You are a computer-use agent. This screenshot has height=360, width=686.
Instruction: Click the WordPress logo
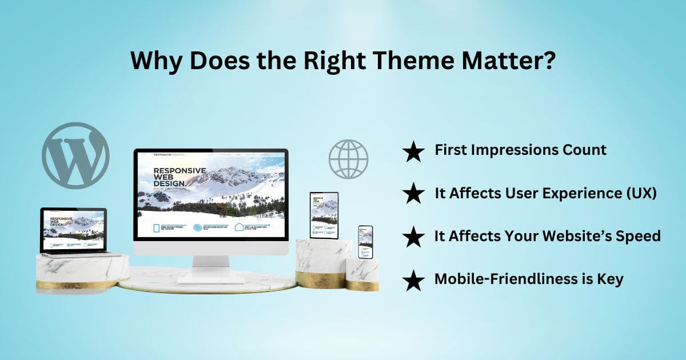[75, 155]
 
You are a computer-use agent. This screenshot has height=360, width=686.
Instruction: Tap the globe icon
[348, 159]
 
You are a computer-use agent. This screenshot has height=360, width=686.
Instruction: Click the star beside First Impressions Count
[413, 151]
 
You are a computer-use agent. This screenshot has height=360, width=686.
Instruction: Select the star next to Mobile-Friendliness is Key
[413, 280]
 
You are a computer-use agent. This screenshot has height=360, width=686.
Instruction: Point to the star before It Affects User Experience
[413, 194]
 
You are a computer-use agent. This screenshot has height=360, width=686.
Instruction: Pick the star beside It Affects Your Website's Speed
[413, 237]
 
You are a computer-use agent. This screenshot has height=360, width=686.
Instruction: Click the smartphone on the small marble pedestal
[365, 242]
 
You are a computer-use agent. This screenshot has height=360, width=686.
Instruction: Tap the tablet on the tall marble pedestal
[324, 215]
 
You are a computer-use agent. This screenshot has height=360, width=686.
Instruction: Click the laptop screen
[73, 230]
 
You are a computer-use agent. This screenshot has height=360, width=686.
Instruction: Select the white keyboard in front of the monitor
[210, 280]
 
